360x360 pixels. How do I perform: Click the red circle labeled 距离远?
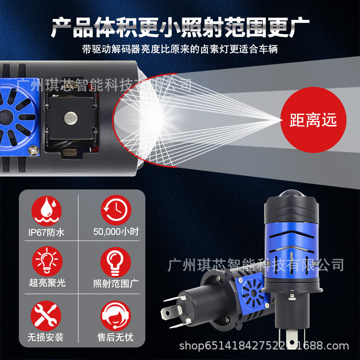[x=313, y=120]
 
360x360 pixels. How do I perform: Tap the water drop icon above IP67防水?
[x=47, y=211]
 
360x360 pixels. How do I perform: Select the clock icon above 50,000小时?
[x=116, y=210]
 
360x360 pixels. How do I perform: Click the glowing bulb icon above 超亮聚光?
[x=47, y=261]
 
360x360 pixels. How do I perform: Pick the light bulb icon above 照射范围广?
[x=116, y=262]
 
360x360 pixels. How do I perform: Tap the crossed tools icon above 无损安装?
[x=46, y=316]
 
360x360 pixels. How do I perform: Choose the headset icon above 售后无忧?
[x=116, y=316]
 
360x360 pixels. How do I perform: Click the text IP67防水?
[x=46, y=233]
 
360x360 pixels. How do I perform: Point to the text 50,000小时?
[x=116, y=232]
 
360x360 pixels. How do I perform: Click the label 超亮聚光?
[x=47, y=283]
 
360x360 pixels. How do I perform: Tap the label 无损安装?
[x=45, y=337]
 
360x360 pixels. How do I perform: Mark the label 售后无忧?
[x=115, y=337]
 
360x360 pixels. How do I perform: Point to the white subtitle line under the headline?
[x=180, y=49]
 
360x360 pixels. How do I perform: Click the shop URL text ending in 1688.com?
[x=264, y=346]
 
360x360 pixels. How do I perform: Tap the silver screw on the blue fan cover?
[x=34, y=151]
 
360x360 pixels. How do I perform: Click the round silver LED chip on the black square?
[x=71, y=118]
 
